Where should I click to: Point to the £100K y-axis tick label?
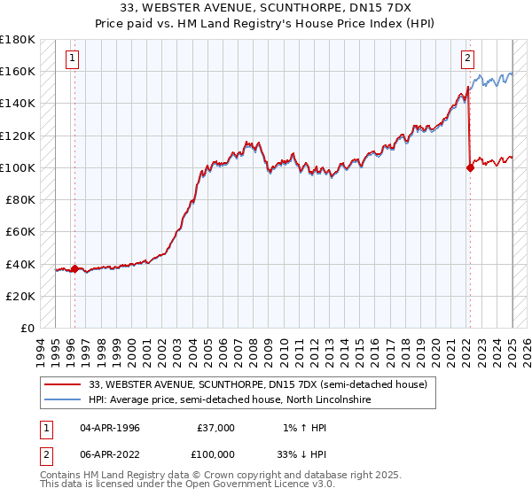[18, 167]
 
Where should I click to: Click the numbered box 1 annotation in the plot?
[71, 59]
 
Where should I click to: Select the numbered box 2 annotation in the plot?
[466, 59]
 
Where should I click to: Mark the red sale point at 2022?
[470, 168]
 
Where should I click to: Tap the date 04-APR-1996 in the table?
[110, 428]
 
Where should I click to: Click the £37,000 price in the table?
[216, 428]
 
